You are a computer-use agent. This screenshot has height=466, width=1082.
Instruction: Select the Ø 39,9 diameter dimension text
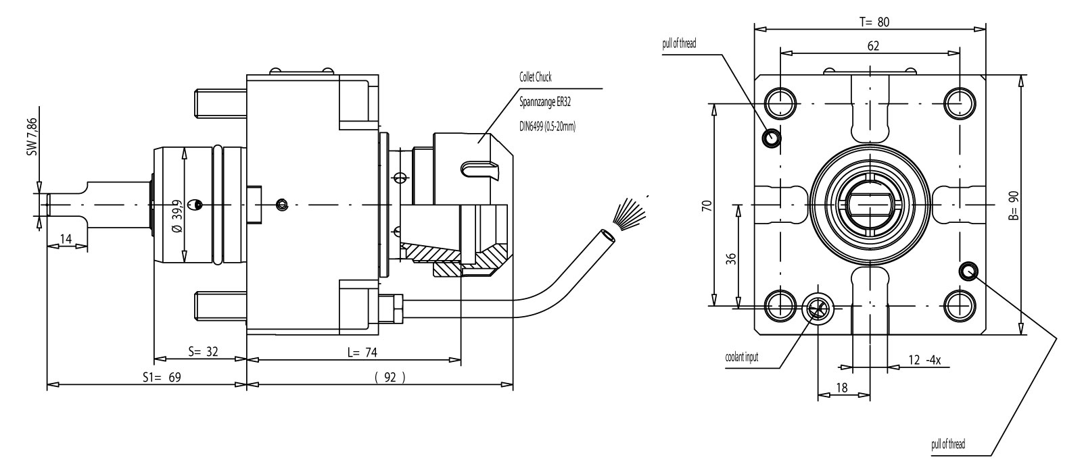tap(177, 215)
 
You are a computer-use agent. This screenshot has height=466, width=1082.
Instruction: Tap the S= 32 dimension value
tap(202, 352)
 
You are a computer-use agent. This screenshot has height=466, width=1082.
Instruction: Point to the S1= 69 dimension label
tap(161, 378)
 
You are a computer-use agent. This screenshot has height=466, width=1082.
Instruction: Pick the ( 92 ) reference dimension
tap(390, 378)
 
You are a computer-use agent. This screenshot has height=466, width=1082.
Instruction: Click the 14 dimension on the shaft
tap(66, 238)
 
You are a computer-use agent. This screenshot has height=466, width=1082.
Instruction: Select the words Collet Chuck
tap(536, 77)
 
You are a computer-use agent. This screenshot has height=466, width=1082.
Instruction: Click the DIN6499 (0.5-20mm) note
tap(547, 126)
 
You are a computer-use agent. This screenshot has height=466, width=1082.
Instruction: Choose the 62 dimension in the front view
tap(872, 46)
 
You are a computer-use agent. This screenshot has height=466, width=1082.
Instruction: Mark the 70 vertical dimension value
tap(706, 205)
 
